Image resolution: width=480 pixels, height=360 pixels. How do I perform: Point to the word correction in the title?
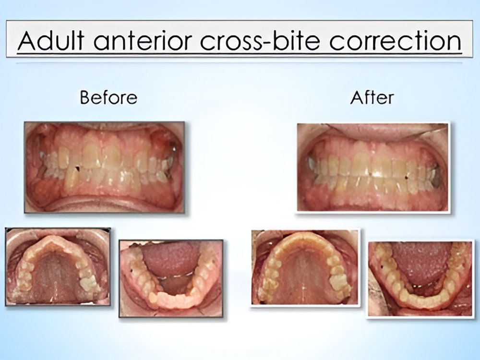point(396,40)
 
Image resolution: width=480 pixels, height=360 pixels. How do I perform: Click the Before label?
point(108,97)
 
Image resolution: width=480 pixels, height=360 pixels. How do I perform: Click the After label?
point(372,97)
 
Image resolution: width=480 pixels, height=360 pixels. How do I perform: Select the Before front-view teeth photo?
point(104,167)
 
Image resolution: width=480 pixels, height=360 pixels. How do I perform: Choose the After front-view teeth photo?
point(372,167)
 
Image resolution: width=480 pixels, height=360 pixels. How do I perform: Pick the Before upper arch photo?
point(58,266)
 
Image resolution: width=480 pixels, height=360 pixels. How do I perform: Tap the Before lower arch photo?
point(171,278)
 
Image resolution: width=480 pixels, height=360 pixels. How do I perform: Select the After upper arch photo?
point(305,267)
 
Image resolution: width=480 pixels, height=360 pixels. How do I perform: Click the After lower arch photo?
point(420,279)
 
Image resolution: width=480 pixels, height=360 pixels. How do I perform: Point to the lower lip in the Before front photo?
point(104,205)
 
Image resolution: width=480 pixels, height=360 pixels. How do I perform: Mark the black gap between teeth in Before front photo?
point(77,168)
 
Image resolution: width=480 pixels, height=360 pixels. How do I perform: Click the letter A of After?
point(356,97)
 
